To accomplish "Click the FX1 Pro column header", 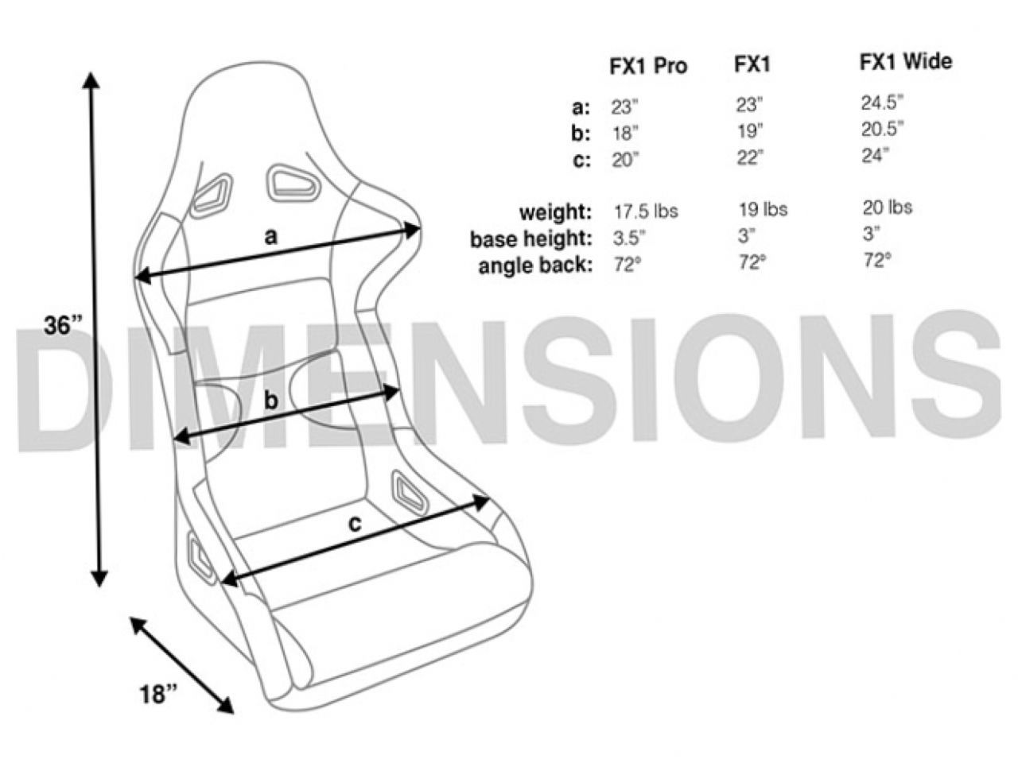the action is [647, 66].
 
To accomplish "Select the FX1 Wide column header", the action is [905, 62].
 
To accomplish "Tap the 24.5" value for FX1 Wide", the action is [882, 103].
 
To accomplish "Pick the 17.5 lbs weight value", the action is [645, 211].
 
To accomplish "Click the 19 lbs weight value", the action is [762, 209].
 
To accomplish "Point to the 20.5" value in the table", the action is [882, 129].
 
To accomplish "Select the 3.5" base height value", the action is [628, 238].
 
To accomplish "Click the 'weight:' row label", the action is [555, 212].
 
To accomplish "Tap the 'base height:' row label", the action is [531, 239].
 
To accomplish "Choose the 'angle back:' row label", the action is [535, 265].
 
